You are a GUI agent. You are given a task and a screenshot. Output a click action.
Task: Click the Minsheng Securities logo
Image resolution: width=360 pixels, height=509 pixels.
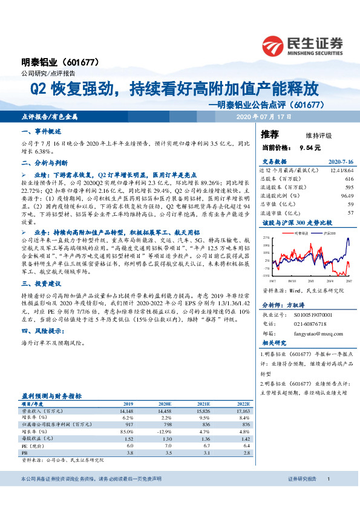(x=302, y=45)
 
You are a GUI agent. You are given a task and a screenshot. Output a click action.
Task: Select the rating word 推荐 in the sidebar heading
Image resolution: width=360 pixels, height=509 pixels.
(x=270, y=134)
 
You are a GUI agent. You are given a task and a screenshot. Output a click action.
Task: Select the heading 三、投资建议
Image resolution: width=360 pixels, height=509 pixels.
(x=40, y=283)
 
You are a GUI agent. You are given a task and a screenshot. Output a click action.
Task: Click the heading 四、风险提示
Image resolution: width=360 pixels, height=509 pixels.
(x=42, y=331)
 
